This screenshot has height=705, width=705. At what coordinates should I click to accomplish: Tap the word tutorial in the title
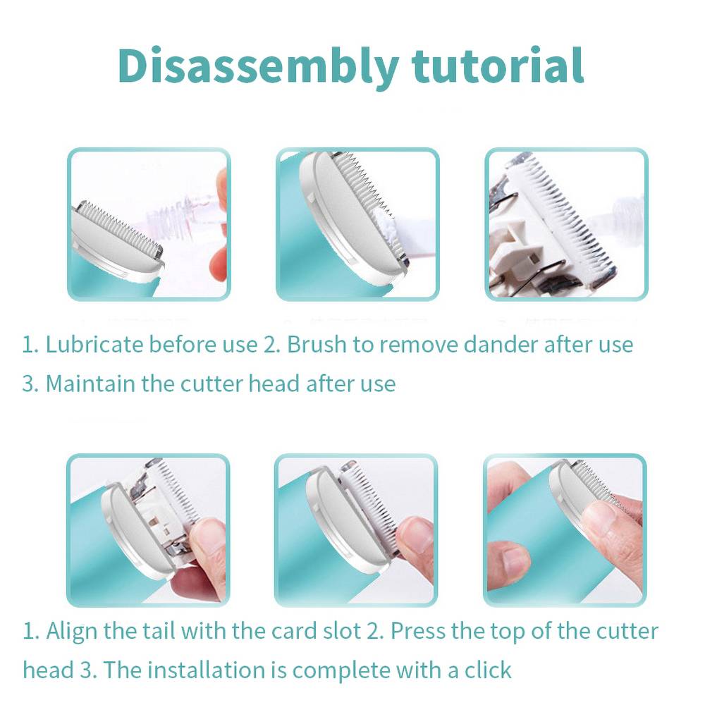pyautogui.click(x=498, y=66)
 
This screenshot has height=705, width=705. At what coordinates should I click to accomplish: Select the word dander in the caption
pyautogui.click(x=501, y=345)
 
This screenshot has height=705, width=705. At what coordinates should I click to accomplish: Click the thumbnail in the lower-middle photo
pyautogui.click(x=417, y=535)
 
